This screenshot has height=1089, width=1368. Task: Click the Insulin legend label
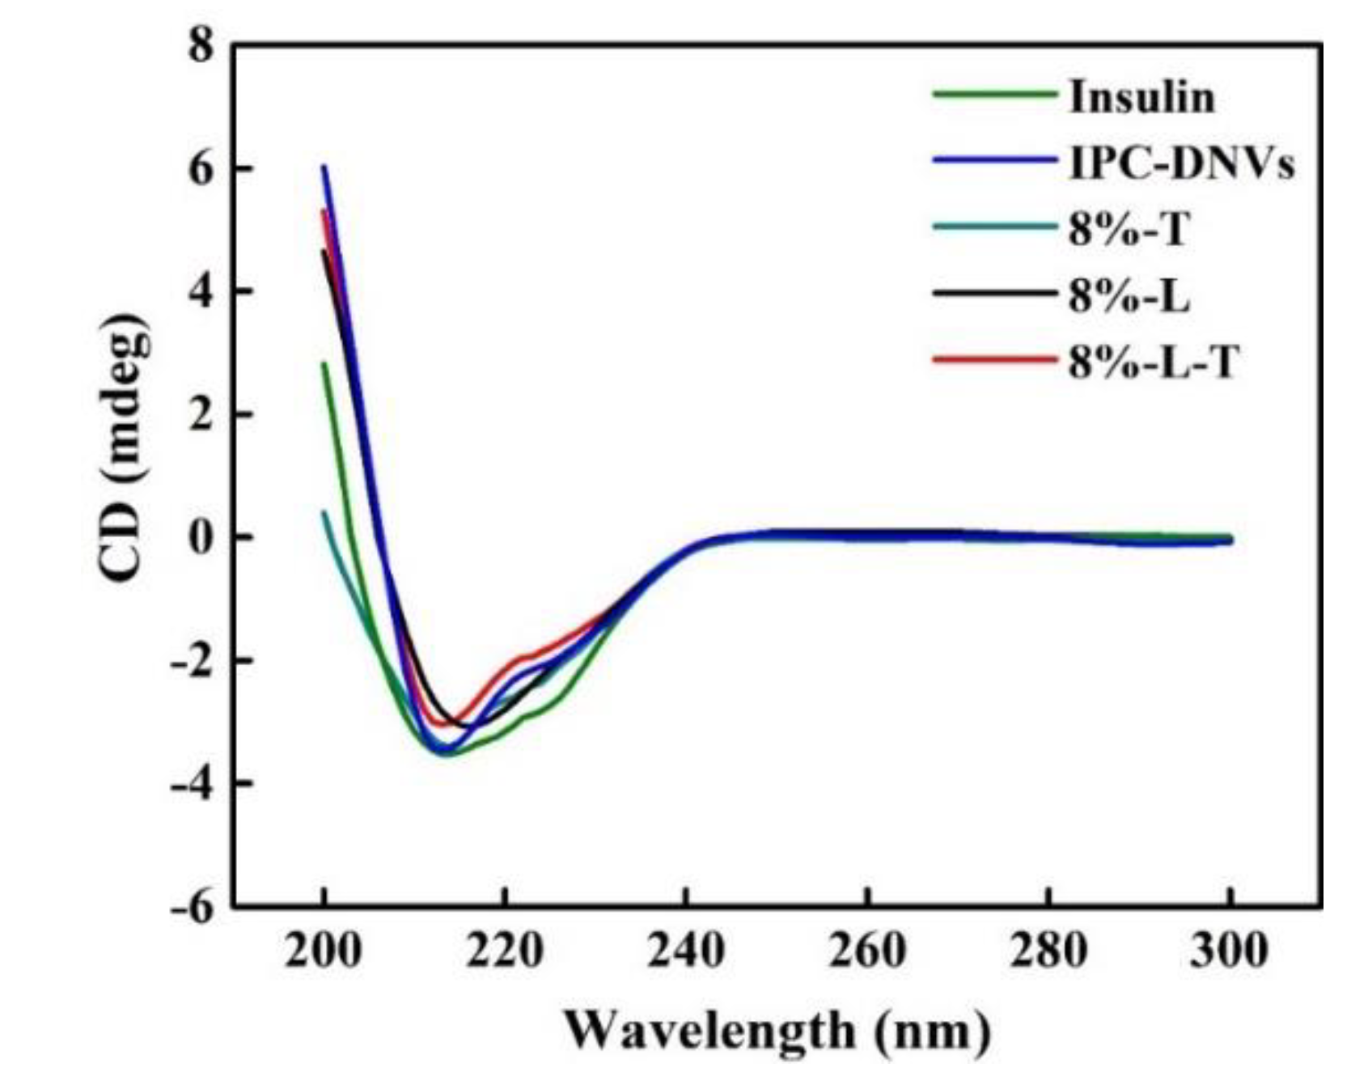pos(1141,97)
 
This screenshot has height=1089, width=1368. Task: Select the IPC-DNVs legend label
pos(1181,164)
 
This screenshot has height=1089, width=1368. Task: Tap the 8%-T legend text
pos(1129,230)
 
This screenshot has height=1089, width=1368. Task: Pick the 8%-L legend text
pos(1129,297)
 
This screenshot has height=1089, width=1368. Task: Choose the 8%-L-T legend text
pos(1154,363)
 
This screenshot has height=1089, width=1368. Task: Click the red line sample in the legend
pos(995,358)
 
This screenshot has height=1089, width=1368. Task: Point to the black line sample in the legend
pos(995,292)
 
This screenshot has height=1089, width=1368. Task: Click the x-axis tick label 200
pos(324,951)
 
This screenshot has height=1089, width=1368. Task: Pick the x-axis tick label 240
pos(686,951)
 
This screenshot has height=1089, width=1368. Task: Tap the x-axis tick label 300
pos(1229,951)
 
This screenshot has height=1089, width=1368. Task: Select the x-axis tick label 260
pos(866,951)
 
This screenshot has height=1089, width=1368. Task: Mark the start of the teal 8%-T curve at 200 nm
pos(324,512)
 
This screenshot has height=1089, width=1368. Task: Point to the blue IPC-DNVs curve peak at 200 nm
pos(324,167)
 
